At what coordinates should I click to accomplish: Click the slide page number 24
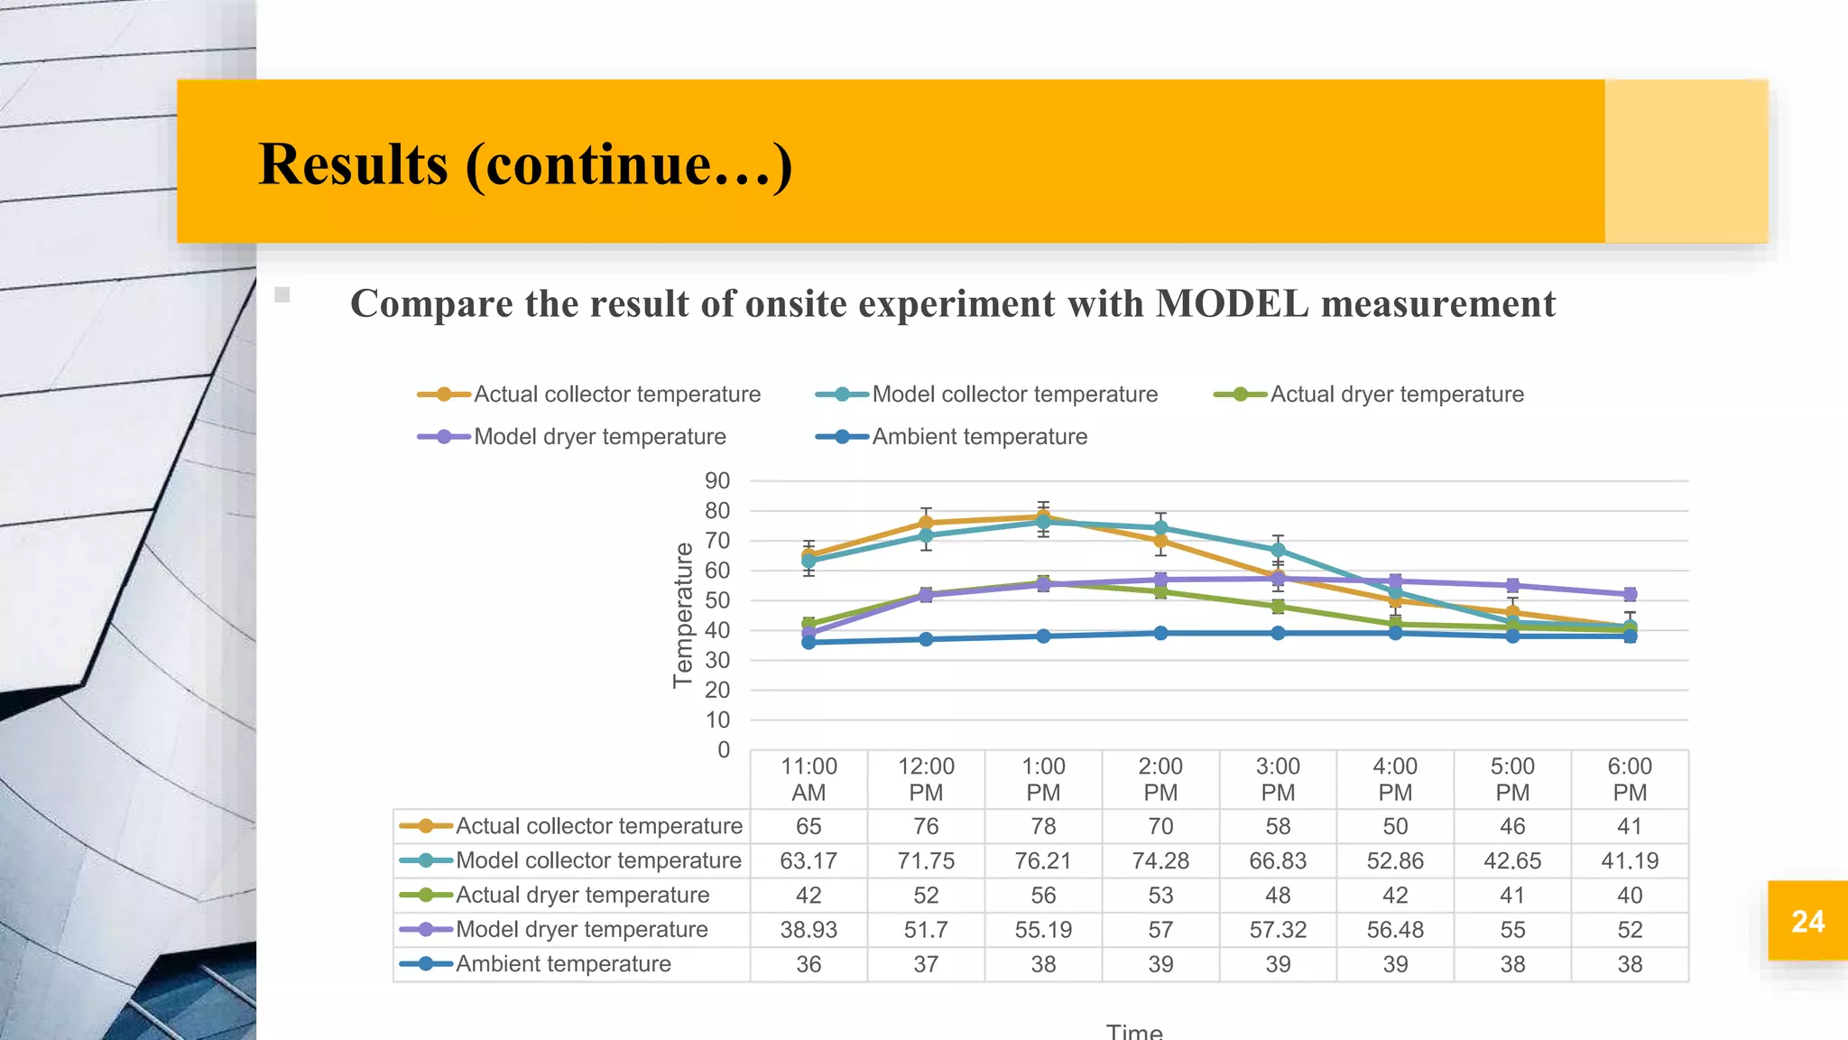(x=1807, y=921)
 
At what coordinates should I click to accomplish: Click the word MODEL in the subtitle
(x=1232, y=303)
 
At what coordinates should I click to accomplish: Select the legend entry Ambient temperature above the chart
(x=979, y=437)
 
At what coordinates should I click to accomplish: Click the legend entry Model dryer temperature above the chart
(x=599, y=437)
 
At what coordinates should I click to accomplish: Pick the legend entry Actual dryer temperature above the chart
(x=1396, y=395)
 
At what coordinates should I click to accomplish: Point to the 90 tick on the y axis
(x=717, y=481)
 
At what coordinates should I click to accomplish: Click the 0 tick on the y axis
(x=724, y=750)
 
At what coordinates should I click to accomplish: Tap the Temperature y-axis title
(x=683, y=615)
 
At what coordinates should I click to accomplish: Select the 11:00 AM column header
(x=808, y=779)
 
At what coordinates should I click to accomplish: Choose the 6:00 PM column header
(x=1630, y=779)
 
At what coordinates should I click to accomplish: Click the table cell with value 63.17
(x=808, y=861)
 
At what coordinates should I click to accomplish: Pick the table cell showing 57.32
(x=1278, y=930)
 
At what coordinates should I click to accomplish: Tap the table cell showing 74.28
(x=1160, y=861)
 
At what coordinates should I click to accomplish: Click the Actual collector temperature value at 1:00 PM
(x=1043, y=826)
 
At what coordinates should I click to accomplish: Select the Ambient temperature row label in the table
(x=563, y=964)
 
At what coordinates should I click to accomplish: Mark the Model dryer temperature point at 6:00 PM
(x=1630, y=594)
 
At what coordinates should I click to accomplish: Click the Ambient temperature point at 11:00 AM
(x=808, y=642)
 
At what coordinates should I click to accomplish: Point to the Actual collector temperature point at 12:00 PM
(x=926, y=523)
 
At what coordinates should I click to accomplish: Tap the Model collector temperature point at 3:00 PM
(x=1278, y=550)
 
